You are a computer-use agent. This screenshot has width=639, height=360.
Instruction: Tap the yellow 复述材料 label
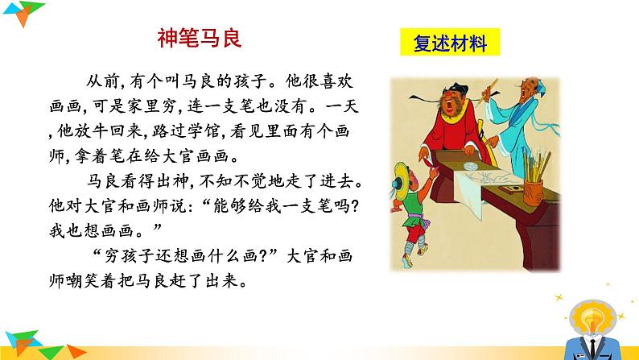pyautogui.click(x=449, y=42)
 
